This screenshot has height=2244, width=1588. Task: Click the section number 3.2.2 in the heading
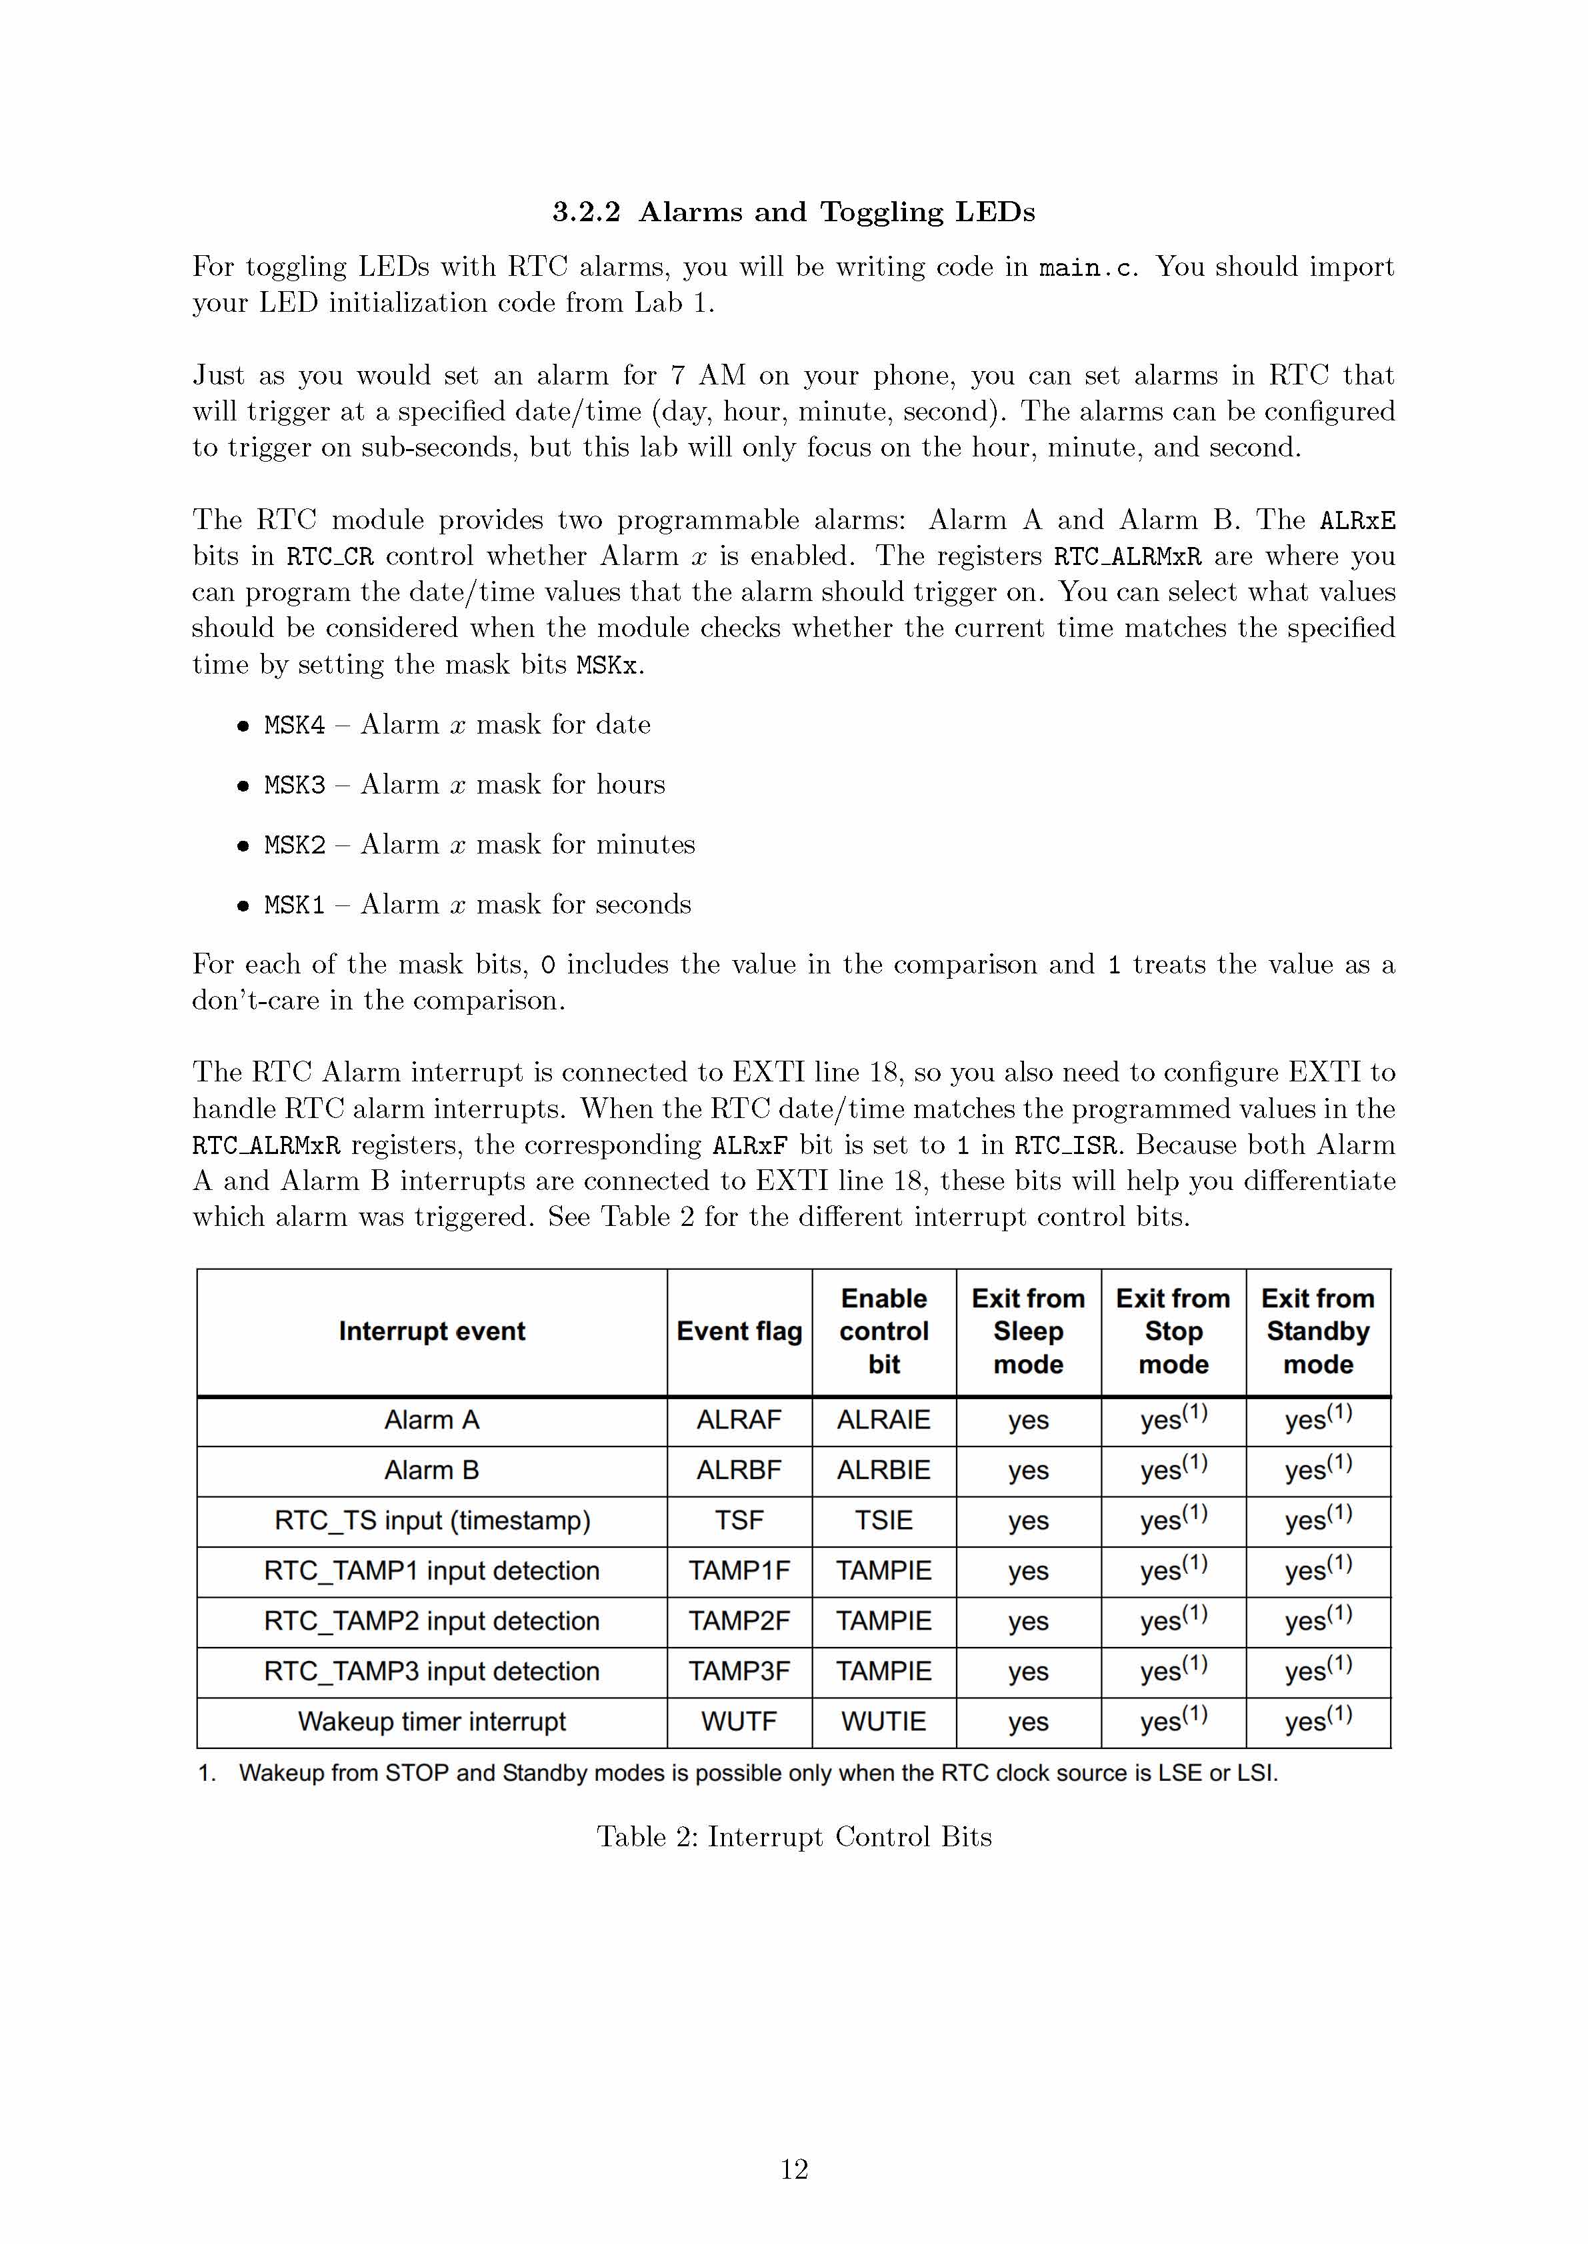pyautogui.click(x=586, y=212)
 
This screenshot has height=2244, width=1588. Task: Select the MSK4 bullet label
pyautogui.click(x=294, y=725)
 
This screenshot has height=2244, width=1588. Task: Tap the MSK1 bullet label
pyautogui.click(x=294, y=905)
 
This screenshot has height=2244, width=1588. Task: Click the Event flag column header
pyautogui.click(x=739, y=1331)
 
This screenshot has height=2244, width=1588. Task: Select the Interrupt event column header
pyautogui.click(x=431, y=1331)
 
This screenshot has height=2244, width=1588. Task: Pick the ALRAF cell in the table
pyautogui.click(x=739, y=1420)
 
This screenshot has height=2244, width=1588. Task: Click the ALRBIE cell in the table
pyautogui.click(x=884, y=1470)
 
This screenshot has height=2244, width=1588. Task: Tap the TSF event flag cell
pyautogui.click(x=739, y=1520)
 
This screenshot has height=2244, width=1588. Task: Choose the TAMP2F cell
pyautogui.click(x=739, y=1622)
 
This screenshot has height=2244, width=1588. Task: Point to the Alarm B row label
pyautogui.click(x=431, y=1470)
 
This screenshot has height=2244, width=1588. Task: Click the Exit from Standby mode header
pyautogui.click(x=1318, y=1331)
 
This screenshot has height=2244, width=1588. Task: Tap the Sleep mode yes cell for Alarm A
pyautogui.click(x=1029, y=1420)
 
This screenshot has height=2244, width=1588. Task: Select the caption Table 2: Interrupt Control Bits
pyautogui.click(x=794, y=1838)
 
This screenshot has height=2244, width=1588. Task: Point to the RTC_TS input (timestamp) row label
pyautogui.click(x=431, y=1520)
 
